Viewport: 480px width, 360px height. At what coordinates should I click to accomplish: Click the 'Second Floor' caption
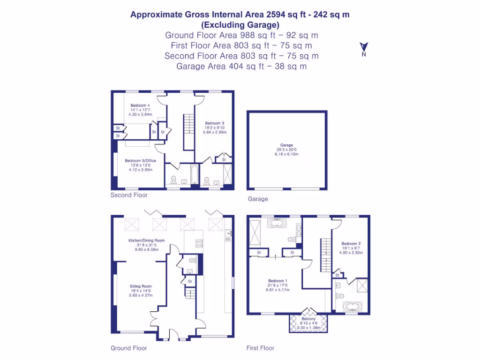click(129, 195)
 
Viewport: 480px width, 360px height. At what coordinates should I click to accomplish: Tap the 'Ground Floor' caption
click(128, 348)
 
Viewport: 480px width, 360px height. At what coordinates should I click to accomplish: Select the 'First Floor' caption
click(260, 348)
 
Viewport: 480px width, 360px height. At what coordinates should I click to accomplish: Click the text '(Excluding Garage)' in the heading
click(240, 25)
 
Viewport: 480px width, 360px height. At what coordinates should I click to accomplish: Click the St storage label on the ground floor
click(190, 281)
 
